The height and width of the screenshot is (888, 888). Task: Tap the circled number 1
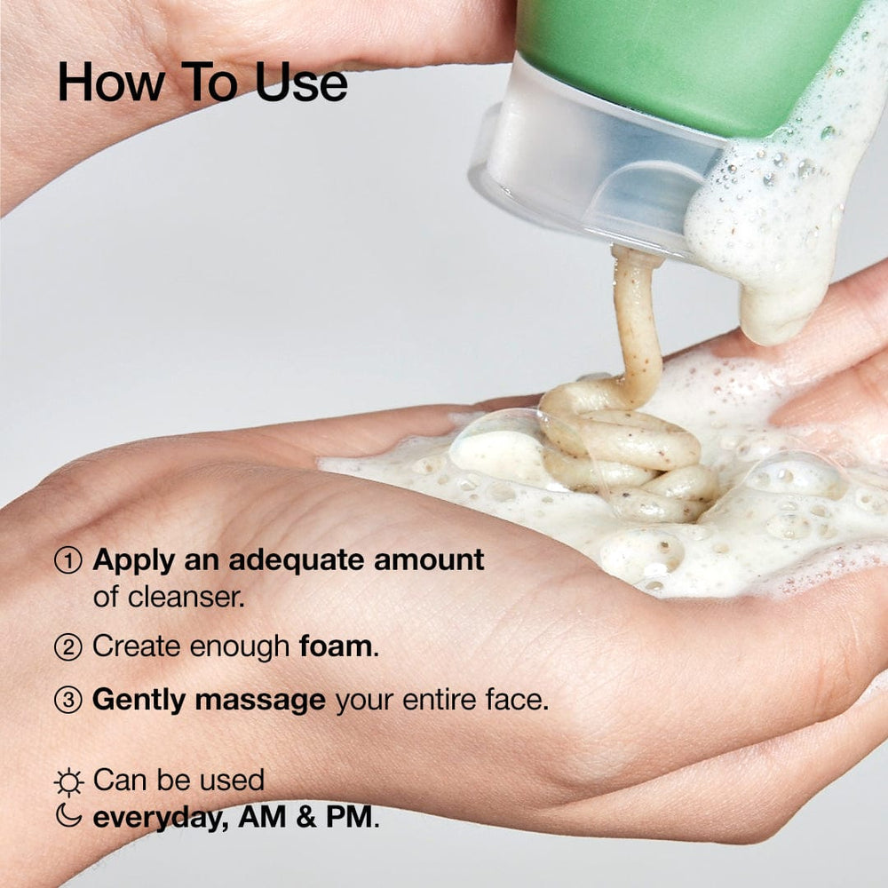pos(68,560)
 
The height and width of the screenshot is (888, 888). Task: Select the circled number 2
pos(68,647)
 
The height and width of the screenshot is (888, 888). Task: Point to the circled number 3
pos(68,701)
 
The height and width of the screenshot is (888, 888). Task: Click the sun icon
pos(68,781)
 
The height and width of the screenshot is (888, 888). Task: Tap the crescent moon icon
pos(68,816)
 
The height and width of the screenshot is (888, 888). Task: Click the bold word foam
pos(338,646)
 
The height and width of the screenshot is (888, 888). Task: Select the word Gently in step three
pos(139,701)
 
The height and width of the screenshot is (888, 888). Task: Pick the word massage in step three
pos(260,701)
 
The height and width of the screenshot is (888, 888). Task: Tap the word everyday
pos(157,817)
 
